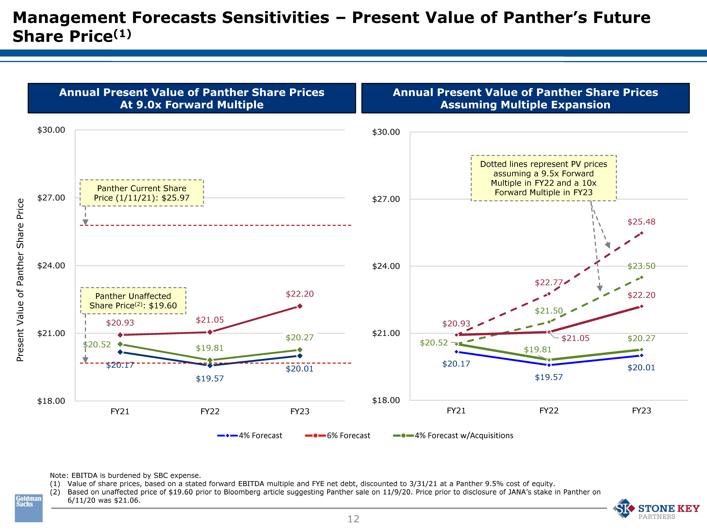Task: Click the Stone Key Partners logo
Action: point(656,509)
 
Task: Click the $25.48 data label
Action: point(641,222)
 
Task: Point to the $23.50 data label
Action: point(641,266)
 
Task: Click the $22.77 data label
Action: point(549,282)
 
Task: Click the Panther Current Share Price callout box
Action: point(142,193)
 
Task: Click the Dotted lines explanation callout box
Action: point(543,178)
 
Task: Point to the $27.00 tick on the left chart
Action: point(51,198)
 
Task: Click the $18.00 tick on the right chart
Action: point(386,400)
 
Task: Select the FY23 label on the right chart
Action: point(641,411)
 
